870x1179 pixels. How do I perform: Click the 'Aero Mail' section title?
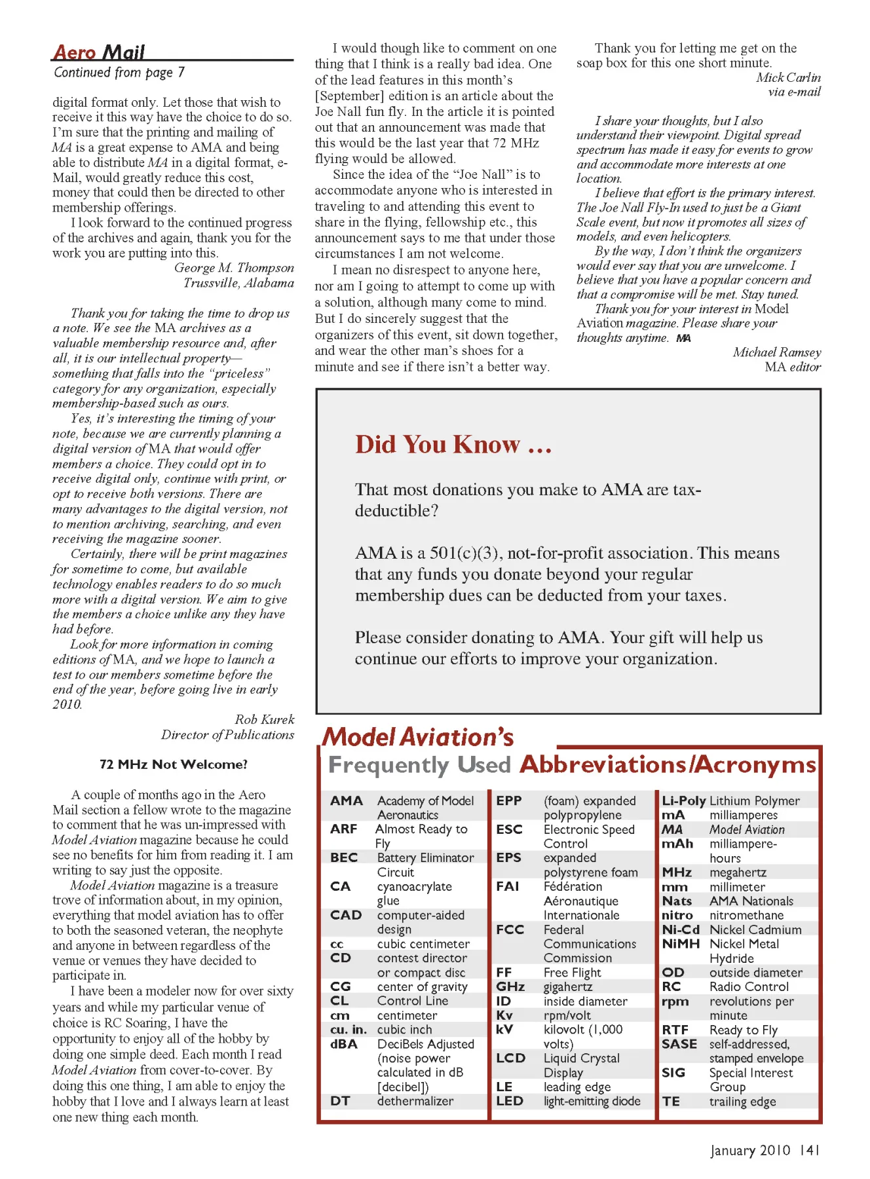click(x=99, y=52)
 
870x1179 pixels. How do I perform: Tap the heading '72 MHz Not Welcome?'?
click(x=174, y=764)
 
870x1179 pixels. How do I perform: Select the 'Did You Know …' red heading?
click(x=453, y=445)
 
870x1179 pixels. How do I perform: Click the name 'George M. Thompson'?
click(x=234, y=268)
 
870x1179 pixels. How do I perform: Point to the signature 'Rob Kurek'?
click(x=265, y=719)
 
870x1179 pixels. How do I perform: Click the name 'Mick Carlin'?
click(x=788, y=77)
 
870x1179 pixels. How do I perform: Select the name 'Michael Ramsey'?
click(x=776, y=352)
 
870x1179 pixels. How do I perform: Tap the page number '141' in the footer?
click(x=810, y=1150)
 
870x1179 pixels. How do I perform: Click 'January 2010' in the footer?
click(x=751, y=1150)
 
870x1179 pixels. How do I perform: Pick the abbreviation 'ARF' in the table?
click(x=344, y=829)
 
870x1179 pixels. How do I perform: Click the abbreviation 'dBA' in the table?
click(x=344, y=1044)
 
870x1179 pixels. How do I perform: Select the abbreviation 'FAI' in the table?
click(x=508, y=886)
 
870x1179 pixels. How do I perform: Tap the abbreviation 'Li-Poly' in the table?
click(x=683, y=800)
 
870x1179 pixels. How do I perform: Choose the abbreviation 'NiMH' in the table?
click(x=681, y=944)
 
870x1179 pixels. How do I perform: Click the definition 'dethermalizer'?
click(x=415, y=1101)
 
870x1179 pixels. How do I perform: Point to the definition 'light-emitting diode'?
click(x=592, y=1101)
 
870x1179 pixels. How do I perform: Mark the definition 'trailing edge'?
click(x=743, y=1102)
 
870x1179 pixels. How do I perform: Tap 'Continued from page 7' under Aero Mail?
click(x=119, y=72)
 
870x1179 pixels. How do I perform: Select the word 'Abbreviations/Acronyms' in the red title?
click(x=668, y=764)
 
